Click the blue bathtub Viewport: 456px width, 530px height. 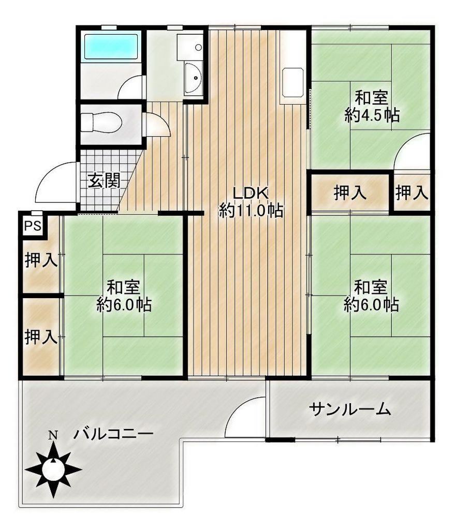111,46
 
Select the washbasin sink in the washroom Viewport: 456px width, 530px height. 194,78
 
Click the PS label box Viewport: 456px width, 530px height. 33,226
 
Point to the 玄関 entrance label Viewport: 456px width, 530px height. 105,181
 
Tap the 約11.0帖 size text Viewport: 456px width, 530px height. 251,211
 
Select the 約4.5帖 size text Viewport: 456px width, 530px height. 372,115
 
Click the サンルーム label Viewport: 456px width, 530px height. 350,409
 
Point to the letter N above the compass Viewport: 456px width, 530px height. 52,435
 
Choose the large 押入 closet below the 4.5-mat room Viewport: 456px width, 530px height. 350,193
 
